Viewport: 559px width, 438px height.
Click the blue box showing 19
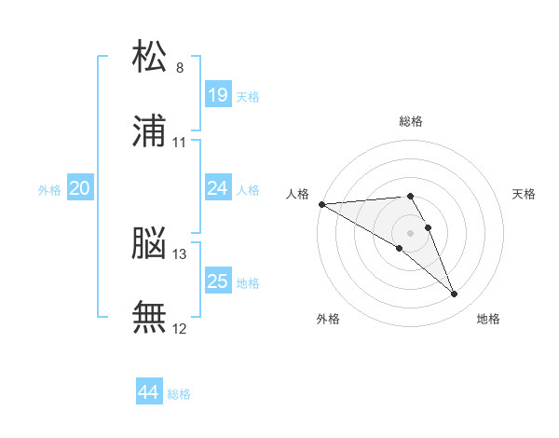pos(217,95)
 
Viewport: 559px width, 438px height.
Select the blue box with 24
pos(217,189)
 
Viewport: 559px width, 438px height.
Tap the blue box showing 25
pos(217,281)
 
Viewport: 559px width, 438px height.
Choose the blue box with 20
pos(79,189)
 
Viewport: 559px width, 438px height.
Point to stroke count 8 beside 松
pos(179,68)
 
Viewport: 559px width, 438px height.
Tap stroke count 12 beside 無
pos(180,328)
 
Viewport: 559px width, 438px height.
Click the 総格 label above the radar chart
pos(411,121)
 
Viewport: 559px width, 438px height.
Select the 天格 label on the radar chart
pos(525,194)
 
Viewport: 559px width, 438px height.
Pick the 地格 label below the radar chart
pos(488,319)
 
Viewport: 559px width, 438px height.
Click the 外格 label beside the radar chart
pos(328,319)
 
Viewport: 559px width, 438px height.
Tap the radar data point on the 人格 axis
pos(321,204)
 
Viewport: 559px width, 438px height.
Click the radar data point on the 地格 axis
pos(455,294)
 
